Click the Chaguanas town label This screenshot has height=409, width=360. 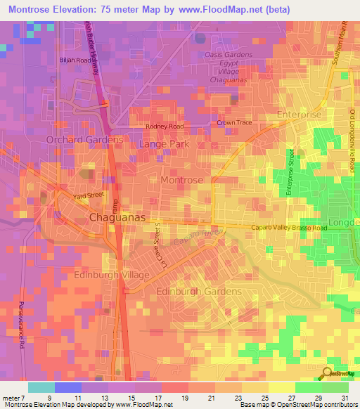click(118, 219)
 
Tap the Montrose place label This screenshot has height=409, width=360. click(181, 181)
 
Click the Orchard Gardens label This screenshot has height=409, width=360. click(84, 140)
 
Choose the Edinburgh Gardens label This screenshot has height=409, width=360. click(198, 291)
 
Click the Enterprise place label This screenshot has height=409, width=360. click(299, 115)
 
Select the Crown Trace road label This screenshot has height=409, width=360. click(233, 123)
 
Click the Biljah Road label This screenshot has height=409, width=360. click(75, 61)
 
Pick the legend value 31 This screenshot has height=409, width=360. click(345, 397)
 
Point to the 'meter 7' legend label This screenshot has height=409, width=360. click(14, 397)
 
